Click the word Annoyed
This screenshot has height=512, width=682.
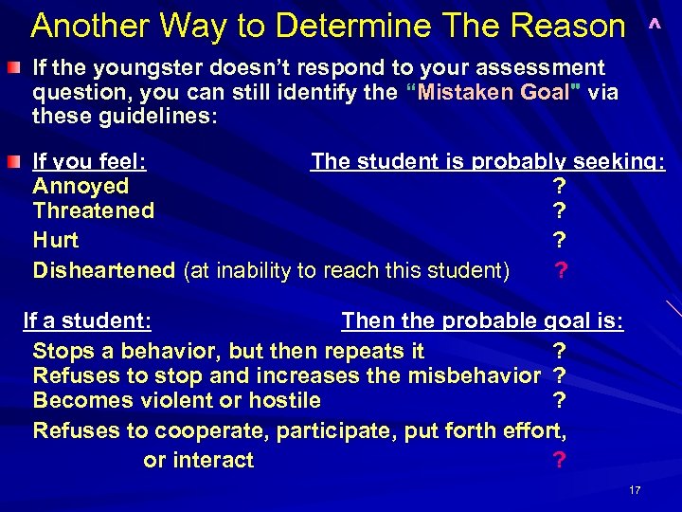[x=81, y=186]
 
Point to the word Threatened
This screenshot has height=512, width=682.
[x=94, y=210]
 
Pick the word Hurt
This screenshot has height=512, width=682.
[x=56, y=240]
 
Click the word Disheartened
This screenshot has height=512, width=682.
[x=104, y=270]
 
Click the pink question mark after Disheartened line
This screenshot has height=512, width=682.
[x=562, y=271]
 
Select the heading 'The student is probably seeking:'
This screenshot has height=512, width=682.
[x=488, y=161]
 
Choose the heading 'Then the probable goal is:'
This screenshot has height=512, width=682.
[x=482, y=320]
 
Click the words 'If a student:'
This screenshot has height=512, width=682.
[x=89, y=320]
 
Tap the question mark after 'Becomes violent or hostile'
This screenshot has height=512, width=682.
[x=559, y=400]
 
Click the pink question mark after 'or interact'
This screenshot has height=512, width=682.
[x=559, y=461]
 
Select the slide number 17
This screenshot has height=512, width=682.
[x=635, y=490]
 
